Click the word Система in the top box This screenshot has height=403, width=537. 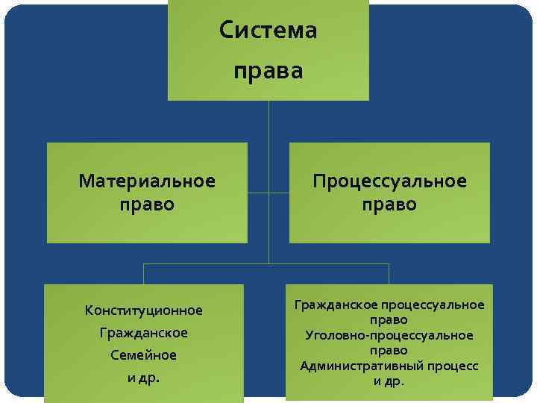click(x=268, y=31)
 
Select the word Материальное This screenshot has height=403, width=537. click(x=147, y=181)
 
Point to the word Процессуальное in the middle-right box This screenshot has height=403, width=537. click(x=389, y=181)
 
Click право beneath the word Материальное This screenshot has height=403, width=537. click(x=147, y=204)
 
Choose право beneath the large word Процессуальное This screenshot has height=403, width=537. click(x=389, y=204)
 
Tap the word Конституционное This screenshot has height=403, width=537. click(x=144, y=310)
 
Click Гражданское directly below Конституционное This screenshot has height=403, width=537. click(x=144, y=332)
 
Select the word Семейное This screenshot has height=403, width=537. click(x=144, y=355)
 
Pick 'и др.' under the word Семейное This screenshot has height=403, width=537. click(x=144, y=378)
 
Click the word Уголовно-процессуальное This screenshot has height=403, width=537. click(x=389, y=335)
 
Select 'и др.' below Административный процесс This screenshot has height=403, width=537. click(x=389, y=381)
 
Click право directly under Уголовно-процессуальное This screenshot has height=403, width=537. click(x=389, y=350)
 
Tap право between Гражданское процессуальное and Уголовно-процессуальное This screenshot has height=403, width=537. click(x=389, y=319)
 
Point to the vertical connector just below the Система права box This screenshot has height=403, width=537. click(x=268, y=119)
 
